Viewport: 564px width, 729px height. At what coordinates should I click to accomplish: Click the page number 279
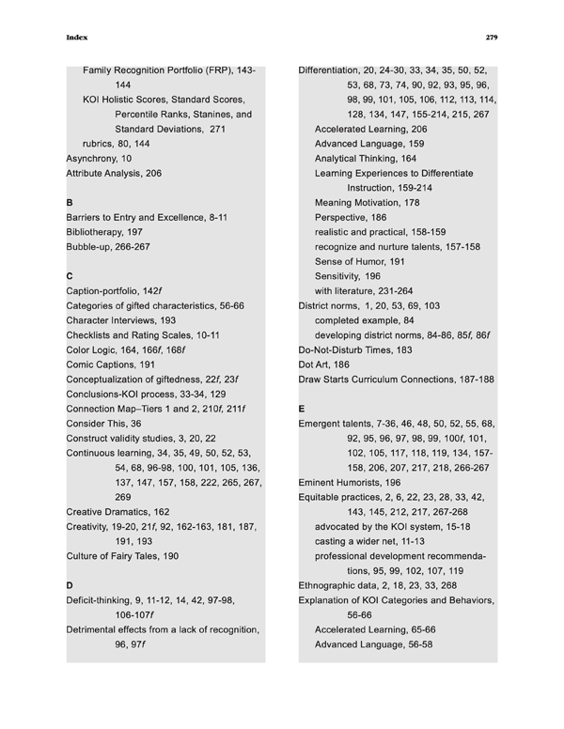491,38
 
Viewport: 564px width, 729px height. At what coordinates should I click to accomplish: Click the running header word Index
76,38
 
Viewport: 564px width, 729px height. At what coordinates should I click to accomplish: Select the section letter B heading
69,202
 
